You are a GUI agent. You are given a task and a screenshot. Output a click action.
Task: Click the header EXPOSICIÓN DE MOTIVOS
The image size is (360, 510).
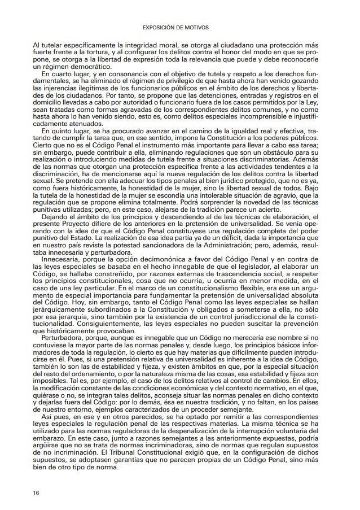179,26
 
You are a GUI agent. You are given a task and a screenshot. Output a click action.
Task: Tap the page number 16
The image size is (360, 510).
36,492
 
